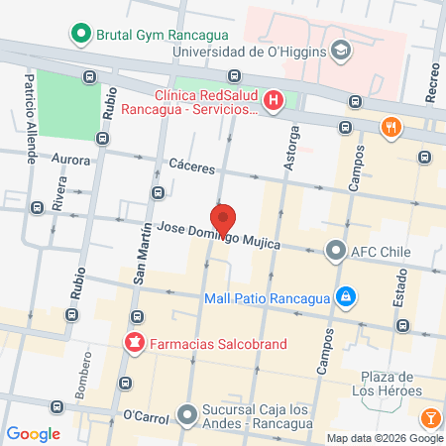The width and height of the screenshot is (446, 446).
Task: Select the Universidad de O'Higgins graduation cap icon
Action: click(x=341, y=50)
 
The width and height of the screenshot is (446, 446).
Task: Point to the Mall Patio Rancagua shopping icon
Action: click(x=345, y=296)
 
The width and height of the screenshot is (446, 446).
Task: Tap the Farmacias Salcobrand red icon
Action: click(x=131, y=344)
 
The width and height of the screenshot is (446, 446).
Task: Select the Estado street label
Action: click(x=400, y=309)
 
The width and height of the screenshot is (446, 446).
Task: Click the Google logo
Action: click(x=34, y=433)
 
